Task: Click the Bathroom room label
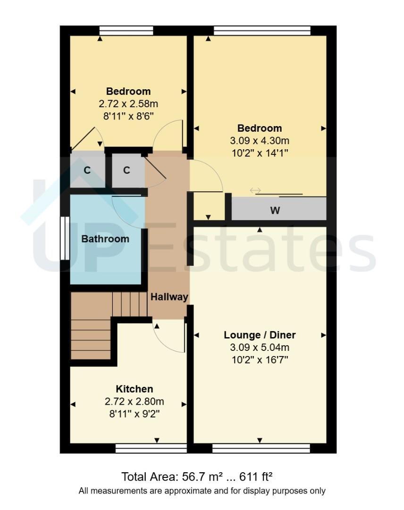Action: (105, 239)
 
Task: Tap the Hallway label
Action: (169, 297)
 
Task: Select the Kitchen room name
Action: (134, 389)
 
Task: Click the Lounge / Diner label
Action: (260, 335)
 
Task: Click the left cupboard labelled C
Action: (87, 170)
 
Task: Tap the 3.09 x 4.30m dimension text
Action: (260, 141)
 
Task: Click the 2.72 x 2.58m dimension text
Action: (128, 104)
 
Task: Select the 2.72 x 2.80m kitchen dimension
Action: (134, 401)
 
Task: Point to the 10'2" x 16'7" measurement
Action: (260, 360)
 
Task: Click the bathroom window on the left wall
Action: (65, 238)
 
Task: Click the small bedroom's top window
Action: (126, 31)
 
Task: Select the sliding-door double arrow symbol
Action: (255, 190)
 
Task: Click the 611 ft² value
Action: (256, 477)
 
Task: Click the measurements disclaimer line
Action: (202, 491)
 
